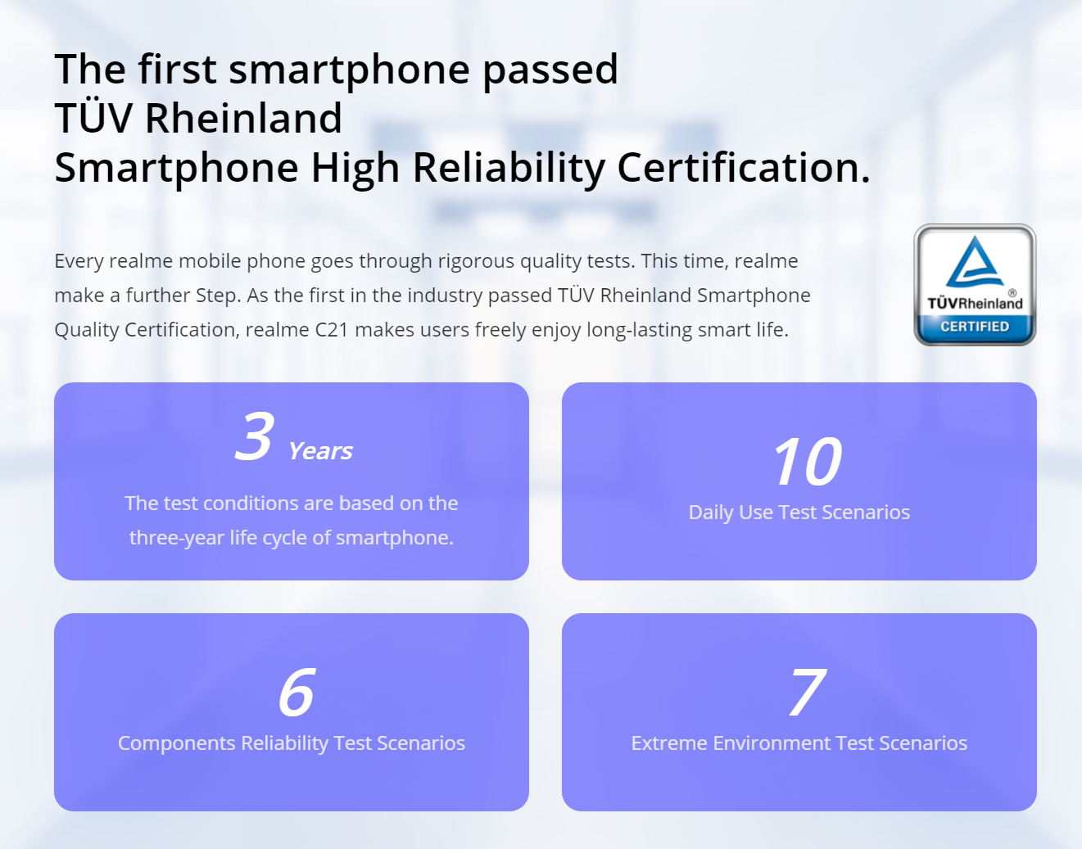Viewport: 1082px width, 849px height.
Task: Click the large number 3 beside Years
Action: (254, 436)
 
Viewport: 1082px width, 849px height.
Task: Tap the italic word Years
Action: (320, 451)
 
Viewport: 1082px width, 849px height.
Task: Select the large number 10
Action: (807, 461)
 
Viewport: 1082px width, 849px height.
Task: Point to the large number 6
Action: (297, 692)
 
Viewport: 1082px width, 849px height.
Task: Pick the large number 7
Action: (807, 692)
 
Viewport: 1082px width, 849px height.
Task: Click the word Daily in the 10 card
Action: (710, 513)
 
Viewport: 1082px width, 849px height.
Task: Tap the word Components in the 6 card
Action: (176, 743)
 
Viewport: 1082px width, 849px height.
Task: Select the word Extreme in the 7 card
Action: (668, 743)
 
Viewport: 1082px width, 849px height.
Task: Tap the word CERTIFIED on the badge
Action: (975, 327)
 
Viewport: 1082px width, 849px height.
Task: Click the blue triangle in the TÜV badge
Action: (975, 262)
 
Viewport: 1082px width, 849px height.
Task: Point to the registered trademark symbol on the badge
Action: (1012, 292)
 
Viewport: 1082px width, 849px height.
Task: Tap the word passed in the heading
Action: (550, 70)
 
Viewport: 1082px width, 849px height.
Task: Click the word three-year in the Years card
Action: (176, 538)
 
